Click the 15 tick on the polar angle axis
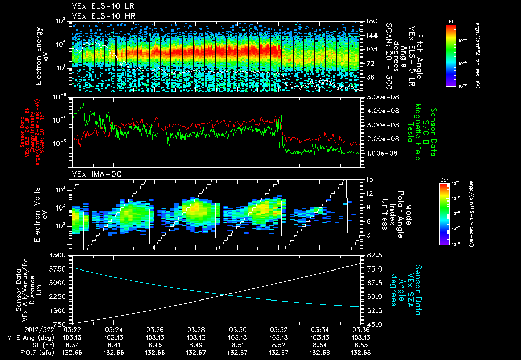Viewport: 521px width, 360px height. tap(368, 179)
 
